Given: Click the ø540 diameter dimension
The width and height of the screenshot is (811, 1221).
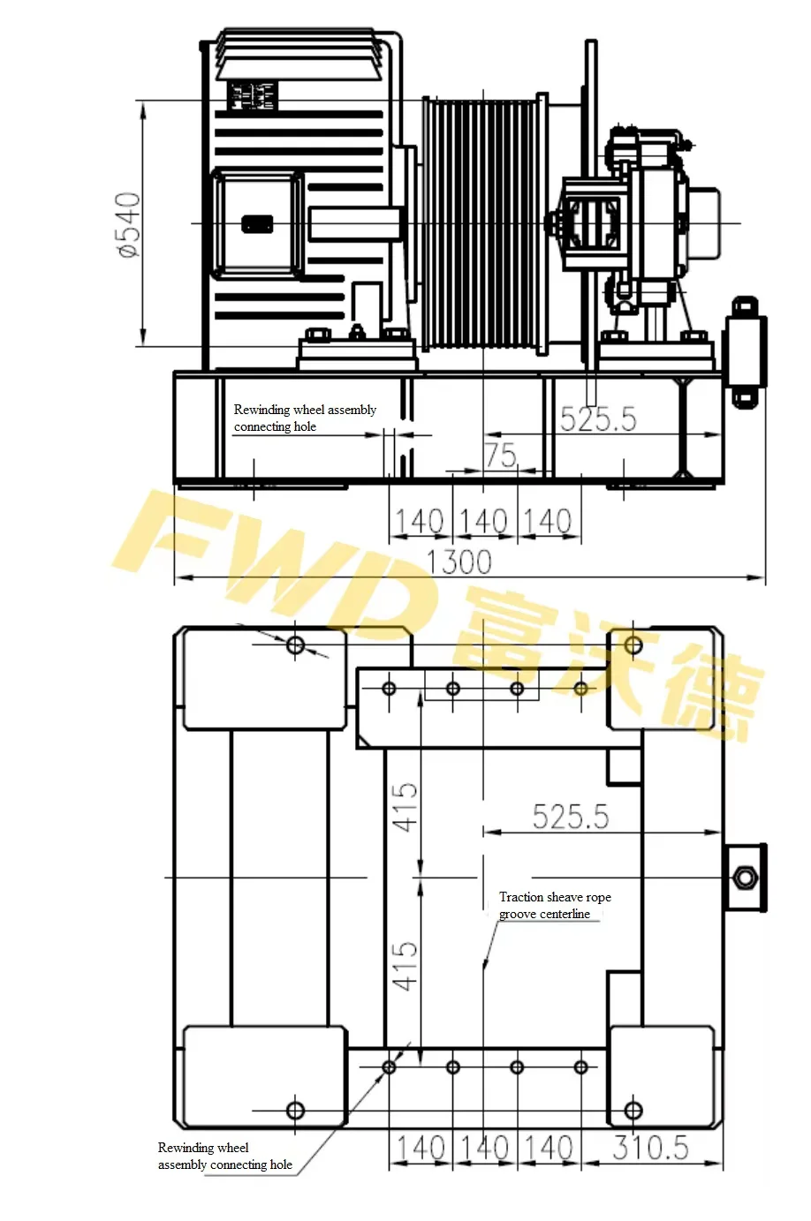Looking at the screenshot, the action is (x=129, y=224).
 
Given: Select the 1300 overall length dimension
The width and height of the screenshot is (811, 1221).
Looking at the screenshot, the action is (x=459, y=562).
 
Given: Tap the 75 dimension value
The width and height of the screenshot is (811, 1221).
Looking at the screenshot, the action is (x=500, y=456).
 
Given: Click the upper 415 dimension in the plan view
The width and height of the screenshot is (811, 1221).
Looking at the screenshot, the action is (x=405, y=807).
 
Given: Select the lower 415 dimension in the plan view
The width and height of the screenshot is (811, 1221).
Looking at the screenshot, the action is (x=405, y=965).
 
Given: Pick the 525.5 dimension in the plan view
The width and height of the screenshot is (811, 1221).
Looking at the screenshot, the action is (x=570, y=817).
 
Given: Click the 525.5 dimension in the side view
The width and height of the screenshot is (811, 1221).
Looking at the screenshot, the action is (x=598, y=419).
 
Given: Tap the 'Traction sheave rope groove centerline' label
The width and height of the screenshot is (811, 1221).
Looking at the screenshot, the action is (x=555, y=906).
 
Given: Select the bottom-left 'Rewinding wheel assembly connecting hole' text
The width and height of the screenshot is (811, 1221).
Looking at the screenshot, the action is (x=224, y=1157).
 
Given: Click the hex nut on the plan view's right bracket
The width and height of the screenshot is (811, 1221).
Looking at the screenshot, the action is (x=743, y=878).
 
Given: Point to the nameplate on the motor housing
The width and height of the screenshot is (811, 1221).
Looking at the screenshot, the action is (x=253, y=95).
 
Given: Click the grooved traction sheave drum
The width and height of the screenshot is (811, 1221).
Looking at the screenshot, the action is (x=483, y=223).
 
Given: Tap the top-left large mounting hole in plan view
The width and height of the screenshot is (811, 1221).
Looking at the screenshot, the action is (x=295, y=645).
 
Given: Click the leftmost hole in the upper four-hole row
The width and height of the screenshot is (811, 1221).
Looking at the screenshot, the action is (x=389, y=689).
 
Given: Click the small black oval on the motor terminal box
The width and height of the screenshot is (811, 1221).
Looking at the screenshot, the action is (x=257, y=224).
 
